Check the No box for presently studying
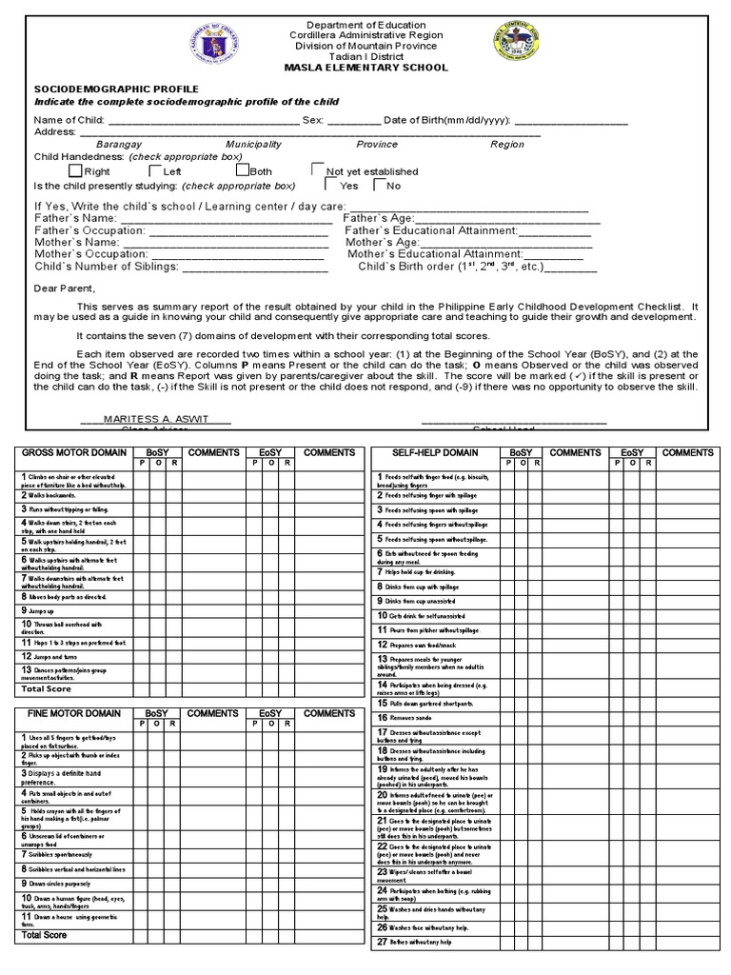coord(378,185)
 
